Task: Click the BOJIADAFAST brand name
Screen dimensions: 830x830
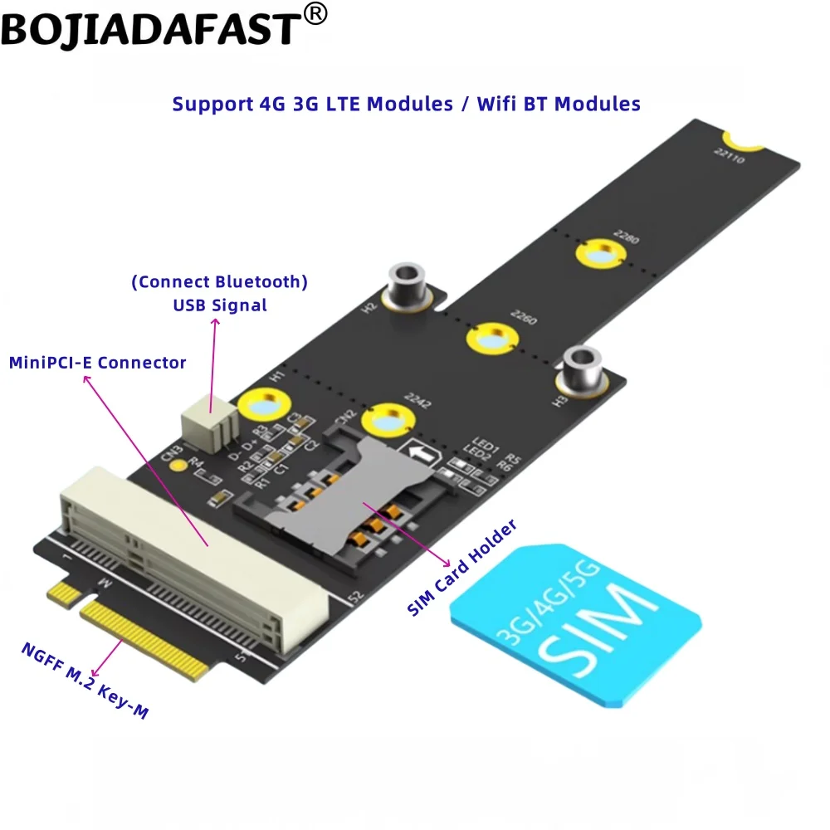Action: (149, 29)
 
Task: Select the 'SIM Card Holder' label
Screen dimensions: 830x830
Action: (462, 569)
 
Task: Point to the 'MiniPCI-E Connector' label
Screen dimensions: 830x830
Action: (97, 363)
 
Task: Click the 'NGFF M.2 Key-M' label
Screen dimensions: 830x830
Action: (83, 681)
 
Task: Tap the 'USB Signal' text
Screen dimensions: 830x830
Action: (220, 305)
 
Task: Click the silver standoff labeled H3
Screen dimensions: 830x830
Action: (581, 370)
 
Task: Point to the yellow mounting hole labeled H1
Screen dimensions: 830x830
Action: (263, 406)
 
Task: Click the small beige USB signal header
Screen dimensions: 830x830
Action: (209, 419)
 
